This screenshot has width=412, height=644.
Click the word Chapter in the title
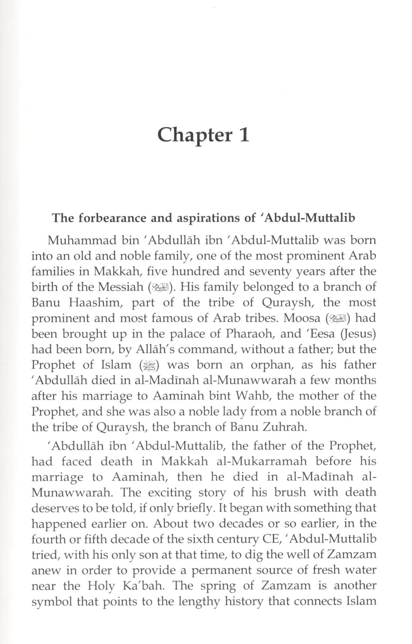point(194,135)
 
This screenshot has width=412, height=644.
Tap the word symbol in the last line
point(52,601)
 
